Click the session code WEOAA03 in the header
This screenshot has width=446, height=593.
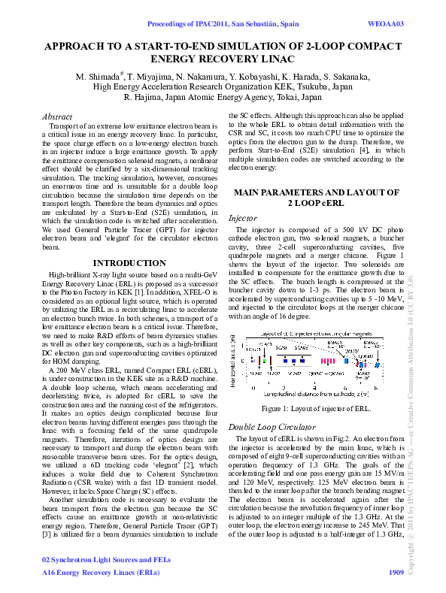385,24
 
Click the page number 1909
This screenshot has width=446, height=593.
396,572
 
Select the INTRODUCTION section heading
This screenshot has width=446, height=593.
124,263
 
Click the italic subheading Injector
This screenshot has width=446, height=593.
243,218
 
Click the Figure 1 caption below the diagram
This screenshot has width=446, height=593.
315,408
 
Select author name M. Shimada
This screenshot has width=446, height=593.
99,77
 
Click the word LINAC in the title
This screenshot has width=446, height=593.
276,58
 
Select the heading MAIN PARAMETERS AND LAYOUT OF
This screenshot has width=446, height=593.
317,193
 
